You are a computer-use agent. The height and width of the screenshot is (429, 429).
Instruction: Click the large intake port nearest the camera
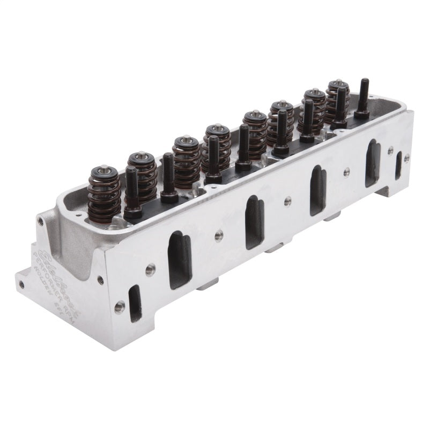point(180,253)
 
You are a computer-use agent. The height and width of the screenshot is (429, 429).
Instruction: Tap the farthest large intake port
point(372,164)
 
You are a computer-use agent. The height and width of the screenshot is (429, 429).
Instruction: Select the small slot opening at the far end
point(398,165)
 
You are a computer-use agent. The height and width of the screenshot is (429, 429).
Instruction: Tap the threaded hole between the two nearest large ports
point(218,235)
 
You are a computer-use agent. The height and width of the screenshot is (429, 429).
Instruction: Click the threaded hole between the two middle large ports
point(287,201)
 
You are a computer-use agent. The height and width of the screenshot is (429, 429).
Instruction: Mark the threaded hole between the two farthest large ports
point(346,172)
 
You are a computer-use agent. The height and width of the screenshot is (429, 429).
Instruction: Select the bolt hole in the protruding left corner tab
point(21,283)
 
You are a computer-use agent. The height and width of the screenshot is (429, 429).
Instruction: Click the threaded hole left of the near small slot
point(119,307)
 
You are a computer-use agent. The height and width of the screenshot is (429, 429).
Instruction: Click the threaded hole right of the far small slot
point(407,158)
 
